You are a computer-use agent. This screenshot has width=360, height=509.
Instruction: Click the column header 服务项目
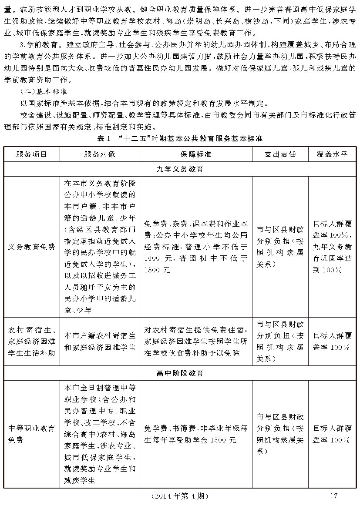coord(31,154)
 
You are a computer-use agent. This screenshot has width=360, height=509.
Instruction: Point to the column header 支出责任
coord(280,154)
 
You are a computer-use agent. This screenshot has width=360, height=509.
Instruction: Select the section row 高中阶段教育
coord(180,373)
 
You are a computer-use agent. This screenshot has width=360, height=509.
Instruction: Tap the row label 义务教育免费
coord(31,247)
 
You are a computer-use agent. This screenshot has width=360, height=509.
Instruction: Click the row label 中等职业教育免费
coord(31,434)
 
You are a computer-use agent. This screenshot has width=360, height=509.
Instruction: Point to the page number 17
coord(334,496)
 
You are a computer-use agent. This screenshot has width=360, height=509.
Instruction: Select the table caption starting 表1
coord(180,139)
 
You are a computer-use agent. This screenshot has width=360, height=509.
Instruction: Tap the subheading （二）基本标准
coord(43,92)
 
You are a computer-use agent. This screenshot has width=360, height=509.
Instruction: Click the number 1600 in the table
coord(152,258)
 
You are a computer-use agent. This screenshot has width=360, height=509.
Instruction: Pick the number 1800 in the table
coord(152,270)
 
